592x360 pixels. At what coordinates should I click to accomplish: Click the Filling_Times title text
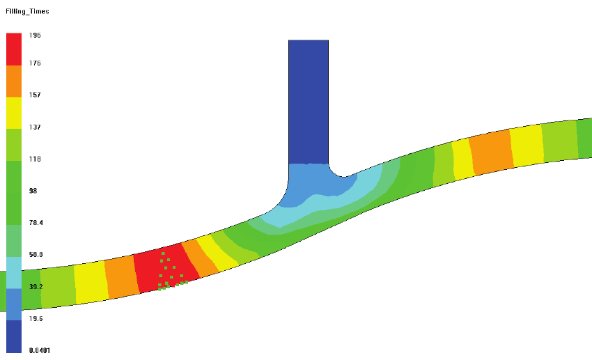pyautogui.click(x=27, y=11)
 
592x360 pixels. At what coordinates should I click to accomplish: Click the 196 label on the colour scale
pyautogui.click(x=35, y=35)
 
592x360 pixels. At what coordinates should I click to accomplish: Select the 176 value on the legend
pyautogui.click(x=35, y=63)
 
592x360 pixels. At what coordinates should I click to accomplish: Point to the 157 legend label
pyautogui.click(x=35, y=95)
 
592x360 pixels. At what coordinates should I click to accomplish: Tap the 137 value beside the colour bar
pyautogui.click(x=35, y=127)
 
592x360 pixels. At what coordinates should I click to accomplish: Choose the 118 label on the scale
pyautogui.click(x=35, y=159)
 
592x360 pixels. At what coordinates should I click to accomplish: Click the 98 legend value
pyautogui.click(x=33, y=191)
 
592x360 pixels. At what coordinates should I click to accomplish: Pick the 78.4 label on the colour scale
pyautogui.click(x=36, y=223)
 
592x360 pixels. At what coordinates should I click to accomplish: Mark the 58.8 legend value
pyautogui.click(x=36, y=255)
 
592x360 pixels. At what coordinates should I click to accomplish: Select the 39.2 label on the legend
pyautogui.click(x=36, y=286)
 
